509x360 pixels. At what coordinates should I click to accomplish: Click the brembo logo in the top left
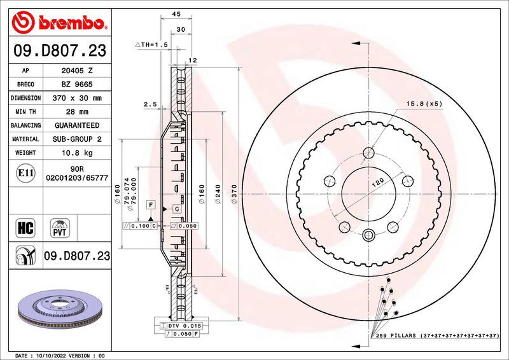(59, 23)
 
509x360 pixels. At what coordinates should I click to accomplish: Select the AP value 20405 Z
(76, 70)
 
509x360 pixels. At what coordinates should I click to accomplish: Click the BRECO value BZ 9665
(76, 84)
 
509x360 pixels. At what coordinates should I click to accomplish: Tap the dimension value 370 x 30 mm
(76, 98)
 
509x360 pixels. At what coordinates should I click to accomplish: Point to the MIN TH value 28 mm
(76, 112)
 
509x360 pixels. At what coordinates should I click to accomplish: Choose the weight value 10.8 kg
(76, 153)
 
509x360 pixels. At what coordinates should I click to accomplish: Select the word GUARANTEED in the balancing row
(76, 125)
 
